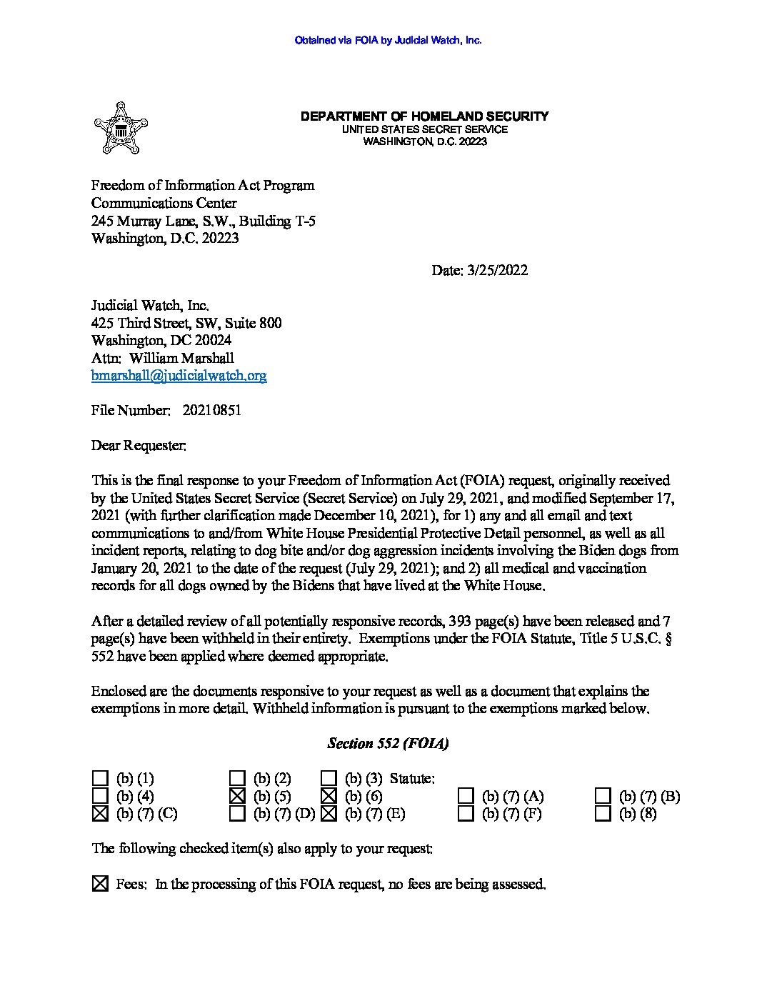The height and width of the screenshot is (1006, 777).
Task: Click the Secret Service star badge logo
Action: tap(120, 129)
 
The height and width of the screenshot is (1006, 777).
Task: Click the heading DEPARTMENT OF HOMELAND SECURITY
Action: tap(424, 116)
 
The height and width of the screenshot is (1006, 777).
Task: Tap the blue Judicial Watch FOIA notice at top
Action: tap(388, 41)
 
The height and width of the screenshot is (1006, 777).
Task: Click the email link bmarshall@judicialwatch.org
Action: tap(179, 375)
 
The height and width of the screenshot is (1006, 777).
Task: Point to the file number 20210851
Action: tap(212, 410)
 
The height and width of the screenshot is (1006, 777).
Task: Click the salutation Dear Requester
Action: tap(139, 445)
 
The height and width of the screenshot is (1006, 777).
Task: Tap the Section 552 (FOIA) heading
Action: tap(388, 743)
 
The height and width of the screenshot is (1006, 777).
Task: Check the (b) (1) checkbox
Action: tap(101, 778)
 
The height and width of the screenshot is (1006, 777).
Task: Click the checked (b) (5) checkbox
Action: tap(238, 795)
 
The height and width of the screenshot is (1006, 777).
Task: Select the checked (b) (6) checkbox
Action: tap(329, 795)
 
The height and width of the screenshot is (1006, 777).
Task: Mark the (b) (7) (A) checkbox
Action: tap(466, 795)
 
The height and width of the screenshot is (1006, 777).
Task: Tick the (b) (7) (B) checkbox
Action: tap(603, 795)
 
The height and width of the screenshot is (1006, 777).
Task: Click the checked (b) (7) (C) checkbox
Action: tap(101, 813)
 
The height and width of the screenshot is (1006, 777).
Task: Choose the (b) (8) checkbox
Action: tap(603, 813)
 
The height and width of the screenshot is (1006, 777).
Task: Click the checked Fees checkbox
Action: tap(101, 885)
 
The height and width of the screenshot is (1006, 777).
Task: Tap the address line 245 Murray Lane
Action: tap(204, 221)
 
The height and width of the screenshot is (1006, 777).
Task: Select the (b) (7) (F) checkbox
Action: tap(466, 813)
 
